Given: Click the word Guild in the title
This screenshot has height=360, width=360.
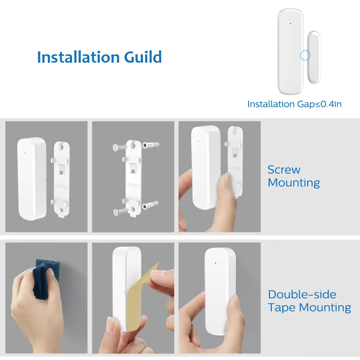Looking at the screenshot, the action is point(143,57).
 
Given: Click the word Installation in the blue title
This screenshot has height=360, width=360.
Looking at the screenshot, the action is point(78,57).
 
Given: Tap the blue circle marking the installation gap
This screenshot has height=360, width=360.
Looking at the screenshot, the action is point(305,55).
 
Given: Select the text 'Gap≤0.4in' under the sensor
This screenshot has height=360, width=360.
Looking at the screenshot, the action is point(319,104).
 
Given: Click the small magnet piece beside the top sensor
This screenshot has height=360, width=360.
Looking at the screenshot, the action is point(314,57).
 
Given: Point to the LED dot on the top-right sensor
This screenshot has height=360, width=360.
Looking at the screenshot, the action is point(291,23).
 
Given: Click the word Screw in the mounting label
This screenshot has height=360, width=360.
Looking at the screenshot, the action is point(284,170).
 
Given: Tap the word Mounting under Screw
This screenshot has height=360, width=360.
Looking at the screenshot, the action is point(294,183).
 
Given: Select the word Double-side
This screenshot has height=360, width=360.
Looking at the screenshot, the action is point(302,294).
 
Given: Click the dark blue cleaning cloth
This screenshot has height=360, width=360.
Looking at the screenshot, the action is point(46,278).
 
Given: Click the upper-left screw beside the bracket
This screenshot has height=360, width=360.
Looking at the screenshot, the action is point(120,147).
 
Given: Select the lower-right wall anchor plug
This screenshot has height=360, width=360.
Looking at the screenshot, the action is point(150,205).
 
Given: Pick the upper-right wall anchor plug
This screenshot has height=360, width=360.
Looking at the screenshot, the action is point(150,145).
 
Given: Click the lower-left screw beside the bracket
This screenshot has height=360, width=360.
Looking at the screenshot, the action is point(121,211).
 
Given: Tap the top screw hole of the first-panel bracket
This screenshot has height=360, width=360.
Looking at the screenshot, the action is point(62,147).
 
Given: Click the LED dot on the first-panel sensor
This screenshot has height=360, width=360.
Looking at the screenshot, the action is point(24,153).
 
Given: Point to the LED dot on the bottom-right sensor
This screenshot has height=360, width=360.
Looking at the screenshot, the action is point(216,263).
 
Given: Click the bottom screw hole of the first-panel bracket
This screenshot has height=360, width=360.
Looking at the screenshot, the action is point(61,210).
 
